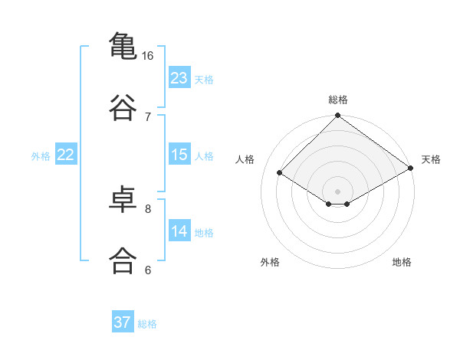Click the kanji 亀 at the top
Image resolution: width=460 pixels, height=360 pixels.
pyautogui.click(x=123, y=46)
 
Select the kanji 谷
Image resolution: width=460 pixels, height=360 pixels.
pyautogui.click(x=123, y=107)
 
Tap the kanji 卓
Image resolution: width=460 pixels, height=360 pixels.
pyautogui.click(x=123, y=199)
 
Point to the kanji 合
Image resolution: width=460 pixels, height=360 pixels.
pyautogui.click(x=123, y=260)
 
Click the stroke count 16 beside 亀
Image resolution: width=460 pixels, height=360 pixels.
pyautogui.click(x=147, y=56)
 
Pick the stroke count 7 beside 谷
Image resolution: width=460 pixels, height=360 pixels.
pyautogui.click(x=148, y=117)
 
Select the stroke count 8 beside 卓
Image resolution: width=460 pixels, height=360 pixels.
pyautogui.click(x=148, y=209)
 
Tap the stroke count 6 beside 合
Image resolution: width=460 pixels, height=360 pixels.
pyautogui.click(x=148, y=270)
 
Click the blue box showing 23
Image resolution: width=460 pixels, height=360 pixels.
pyautogui.click(x=179, y=77)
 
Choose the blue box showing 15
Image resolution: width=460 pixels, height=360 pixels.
pyautogui.click(x=179, y=154)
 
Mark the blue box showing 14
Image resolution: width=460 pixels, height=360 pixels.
pyautogui.click(x=179, y=230)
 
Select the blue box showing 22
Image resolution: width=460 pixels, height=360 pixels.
pyautogui.click(x=66, y=154)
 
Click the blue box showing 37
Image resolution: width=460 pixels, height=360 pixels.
pyautogui.click(x=123, y=321)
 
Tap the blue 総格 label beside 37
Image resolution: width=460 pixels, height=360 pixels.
pyautogui.click(x=147, y=324)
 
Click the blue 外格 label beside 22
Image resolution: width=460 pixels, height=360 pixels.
pyautogui.click(x=41, y=156)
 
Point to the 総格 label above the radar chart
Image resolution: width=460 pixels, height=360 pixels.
pyautogui.click(x=337, y=100)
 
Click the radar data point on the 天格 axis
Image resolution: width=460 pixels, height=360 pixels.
pyautogui.click(x=411, y=168)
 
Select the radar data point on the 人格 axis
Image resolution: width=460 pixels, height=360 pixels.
pyautogui.click(x=279, y=172)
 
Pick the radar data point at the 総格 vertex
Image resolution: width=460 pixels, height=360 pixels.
pyautogui.click(x=337, y=115)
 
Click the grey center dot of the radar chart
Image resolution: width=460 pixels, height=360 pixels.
pyautogui.click(x=337, y=191)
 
